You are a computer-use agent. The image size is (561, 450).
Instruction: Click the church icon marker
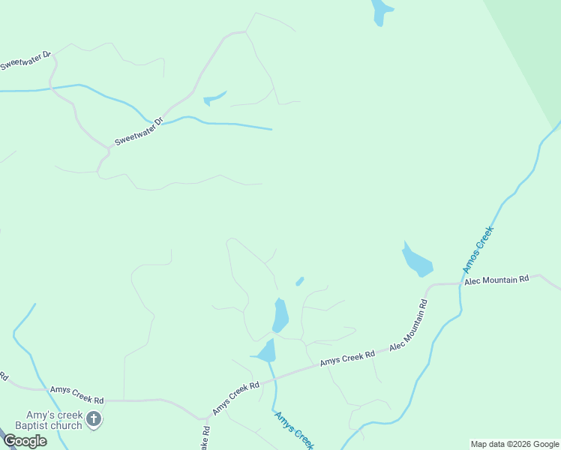(x=93, y=418)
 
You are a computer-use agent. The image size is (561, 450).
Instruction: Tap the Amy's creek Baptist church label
(x=54, y=421)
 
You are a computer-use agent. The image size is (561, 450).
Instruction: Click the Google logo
(x=25, y=441)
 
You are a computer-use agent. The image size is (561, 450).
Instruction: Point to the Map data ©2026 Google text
(x=514, y=444)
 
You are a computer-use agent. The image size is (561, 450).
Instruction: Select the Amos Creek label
(x=478, y=250)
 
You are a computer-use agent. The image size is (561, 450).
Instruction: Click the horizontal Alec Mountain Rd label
(x=496, y=280)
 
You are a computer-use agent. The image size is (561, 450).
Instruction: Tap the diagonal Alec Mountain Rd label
(x=408, y=326)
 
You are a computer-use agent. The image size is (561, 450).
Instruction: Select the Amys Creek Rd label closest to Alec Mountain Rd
(x=347, y=359)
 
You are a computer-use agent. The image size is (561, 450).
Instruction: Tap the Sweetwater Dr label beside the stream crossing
(x=139, y=132)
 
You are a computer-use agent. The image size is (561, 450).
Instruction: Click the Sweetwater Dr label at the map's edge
(x=25, y=61)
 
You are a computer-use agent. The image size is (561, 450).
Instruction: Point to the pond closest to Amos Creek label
(x=417, y=261)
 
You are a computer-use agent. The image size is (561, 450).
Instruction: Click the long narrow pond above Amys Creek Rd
(x=280, y=316)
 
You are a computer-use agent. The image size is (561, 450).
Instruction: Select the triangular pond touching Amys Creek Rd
(x=266, y=351)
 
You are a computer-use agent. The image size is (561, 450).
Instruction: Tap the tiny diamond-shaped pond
(x=299, y=281)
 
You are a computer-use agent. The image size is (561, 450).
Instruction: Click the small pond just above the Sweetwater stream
(x=213, y=98)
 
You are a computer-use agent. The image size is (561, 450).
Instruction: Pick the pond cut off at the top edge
(x=381, y=11)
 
